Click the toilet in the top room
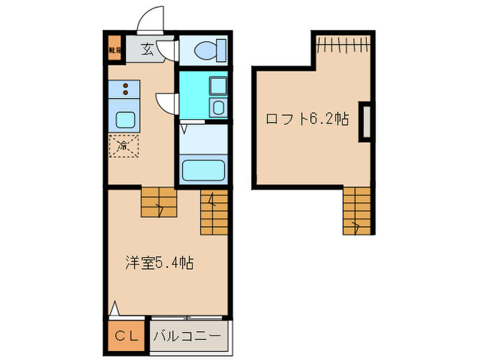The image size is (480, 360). tap(204, 49)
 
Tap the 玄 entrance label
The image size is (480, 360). tap(147, 49)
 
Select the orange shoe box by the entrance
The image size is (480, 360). tap(114, 50)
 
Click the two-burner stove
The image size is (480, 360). tap(124, 88)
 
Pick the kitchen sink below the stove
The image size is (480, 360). tap(125, 120)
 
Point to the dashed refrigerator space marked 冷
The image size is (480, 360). tap(123, 146)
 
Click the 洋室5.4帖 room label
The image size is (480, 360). tap(158, 262)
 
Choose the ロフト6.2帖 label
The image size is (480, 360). tap(307, 119)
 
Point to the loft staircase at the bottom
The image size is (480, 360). tap(357, 209)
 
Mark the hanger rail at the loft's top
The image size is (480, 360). tap(345, 46)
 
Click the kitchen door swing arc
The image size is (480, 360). tap(167, 104)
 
